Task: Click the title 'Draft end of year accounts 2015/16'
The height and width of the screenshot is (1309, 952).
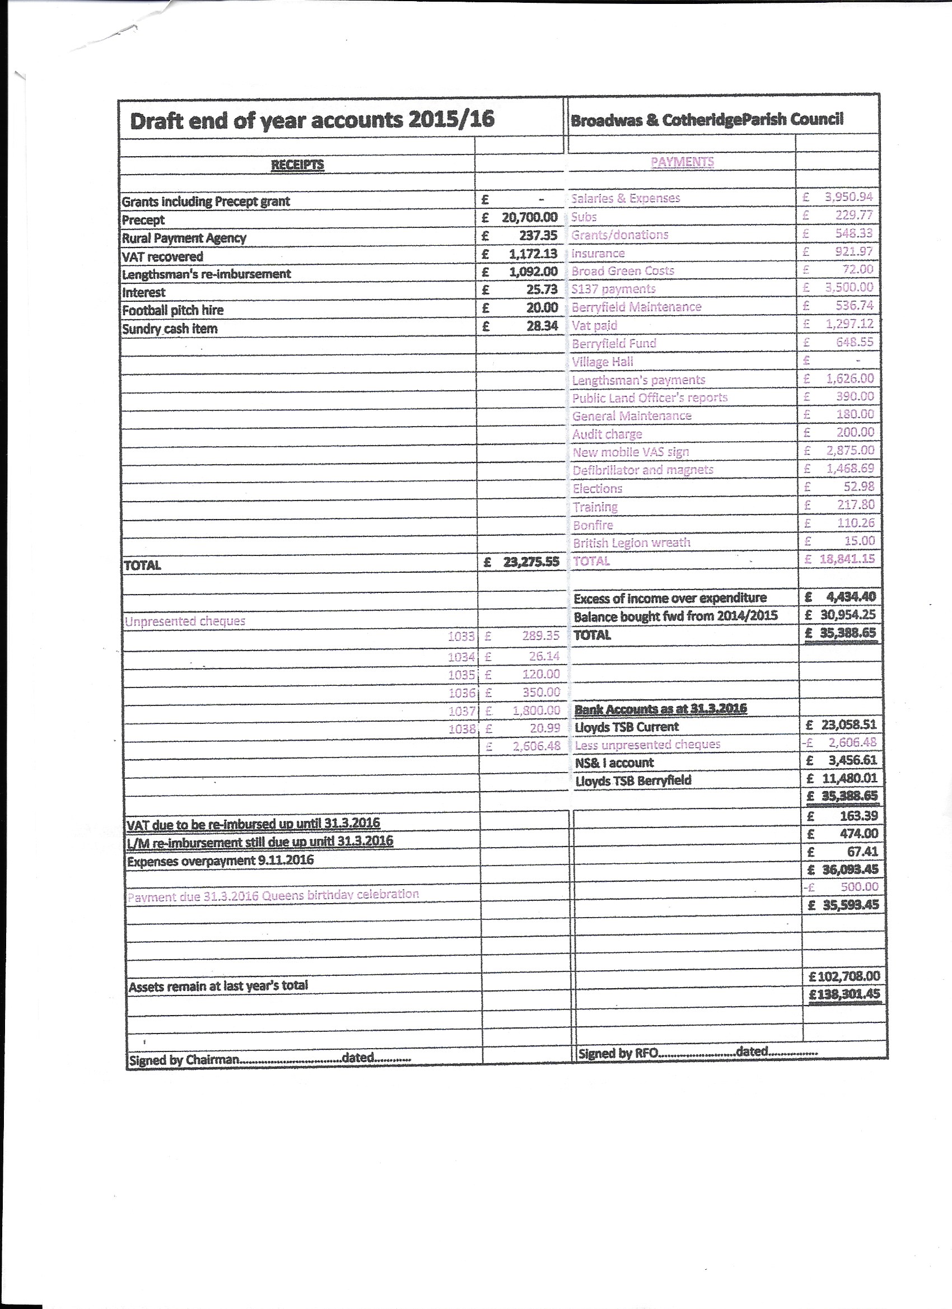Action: point(312,120)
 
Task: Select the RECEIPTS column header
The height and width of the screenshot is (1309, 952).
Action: point(297,165)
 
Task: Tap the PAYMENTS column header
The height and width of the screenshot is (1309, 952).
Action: point(682,162)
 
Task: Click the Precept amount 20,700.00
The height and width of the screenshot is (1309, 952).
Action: point(529,218)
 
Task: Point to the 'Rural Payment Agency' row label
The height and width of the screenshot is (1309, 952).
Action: point(184,238)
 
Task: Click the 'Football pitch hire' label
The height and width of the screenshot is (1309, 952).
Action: point(172,311)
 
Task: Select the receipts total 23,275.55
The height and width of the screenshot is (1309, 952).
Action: point(530,562)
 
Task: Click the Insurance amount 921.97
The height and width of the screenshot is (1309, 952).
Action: point(855,251)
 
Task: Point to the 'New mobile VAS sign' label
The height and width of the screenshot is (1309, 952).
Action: point(631,452)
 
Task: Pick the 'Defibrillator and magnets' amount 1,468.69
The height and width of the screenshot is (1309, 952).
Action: point(850,468)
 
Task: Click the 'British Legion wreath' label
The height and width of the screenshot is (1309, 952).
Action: point(632,543)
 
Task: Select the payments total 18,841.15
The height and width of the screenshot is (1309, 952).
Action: point(847,559)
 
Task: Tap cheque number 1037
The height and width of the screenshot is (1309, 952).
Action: point(461,711)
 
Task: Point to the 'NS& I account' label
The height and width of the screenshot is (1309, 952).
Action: point(614,763)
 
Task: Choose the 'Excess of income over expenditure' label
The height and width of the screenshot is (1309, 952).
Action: point(670,598)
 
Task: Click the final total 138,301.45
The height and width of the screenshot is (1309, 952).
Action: point(844,994)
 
